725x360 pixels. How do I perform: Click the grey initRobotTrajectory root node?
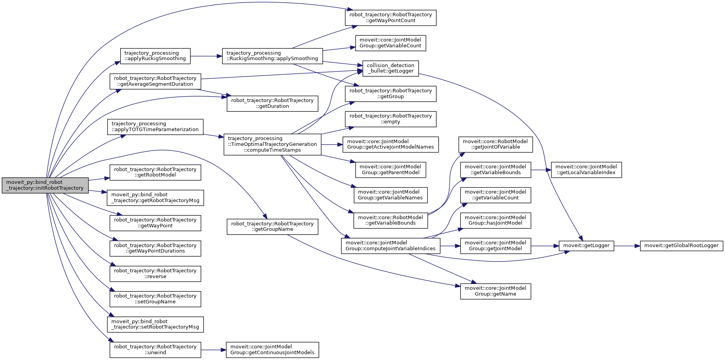45,185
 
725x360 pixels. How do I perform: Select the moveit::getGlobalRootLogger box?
681,246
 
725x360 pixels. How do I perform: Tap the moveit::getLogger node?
586,246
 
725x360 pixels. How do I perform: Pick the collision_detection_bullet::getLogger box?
390,68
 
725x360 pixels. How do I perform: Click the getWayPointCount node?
390,18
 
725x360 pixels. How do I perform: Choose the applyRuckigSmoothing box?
155,56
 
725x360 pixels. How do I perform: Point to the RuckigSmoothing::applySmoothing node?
272,56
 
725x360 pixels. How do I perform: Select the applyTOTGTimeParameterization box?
155,127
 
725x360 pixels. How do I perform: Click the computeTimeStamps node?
272,144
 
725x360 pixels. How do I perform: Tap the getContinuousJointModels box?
272,350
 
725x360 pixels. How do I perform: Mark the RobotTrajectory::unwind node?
155,350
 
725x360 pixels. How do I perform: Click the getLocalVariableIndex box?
586,170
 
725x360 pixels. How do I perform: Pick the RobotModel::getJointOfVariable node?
495,144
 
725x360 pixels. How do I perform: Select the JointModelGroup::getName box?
495,291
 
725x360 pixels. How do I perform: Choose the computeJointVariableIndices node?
390,246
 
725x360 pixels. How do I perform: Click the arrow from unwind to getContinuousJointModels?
213,350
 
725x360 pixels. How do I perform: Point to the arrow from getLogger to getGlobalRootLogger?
627,246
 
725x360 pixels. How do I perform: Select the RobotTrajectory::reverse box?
155,273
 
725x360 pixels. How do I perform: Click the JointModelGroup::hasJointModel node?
495,220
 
